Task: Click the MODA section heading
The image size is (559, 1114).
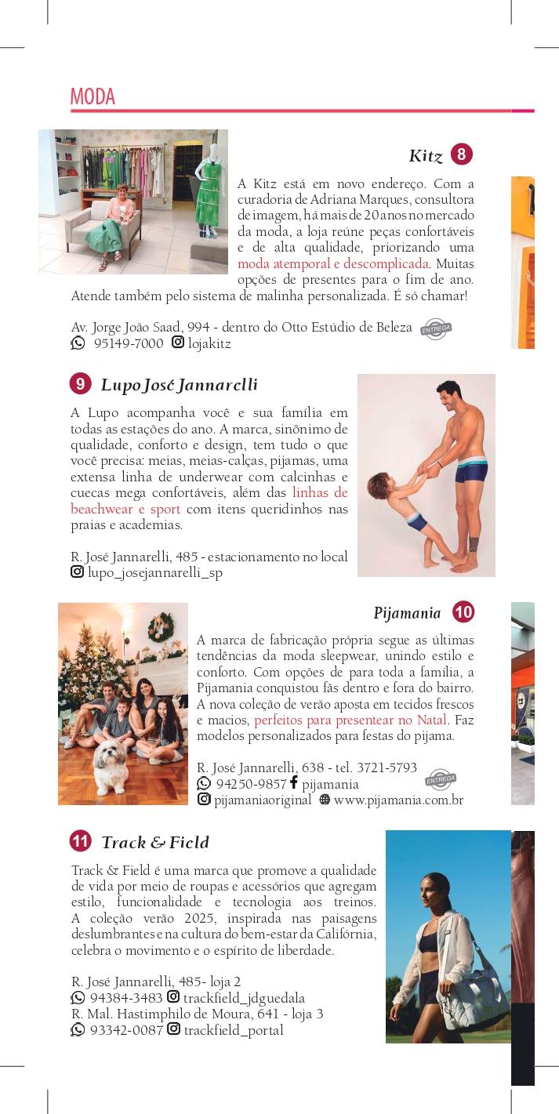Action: [93, 96]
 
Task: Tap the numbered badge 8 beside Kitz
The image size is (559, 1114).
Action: [462, 154]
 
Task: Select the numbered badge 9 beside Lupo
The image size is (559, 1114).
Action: [80, 384]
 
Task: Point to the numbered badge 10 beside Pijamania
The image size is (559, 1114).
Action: [463, 612]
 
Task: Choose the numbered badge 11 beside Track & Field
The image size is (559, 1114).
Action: [80, 842]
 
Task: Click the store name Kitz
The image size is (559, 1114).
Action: [426, 156]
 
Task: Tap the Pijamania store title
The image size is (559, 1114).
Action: [407, 613]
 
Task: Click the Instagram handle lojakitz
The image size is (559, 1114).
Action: [209, 343]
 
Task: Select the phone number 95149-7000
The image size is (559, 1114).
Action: [128, 343]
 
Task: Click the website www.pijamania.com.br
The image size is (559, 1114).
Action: [398, 800]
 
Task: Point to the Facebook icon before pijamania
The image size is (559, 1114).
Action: [294, 782]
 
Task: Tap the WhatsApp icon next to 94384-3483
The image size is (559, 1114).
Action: [78, 998]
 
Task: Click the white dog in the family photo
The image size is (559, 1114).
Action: [114, 765]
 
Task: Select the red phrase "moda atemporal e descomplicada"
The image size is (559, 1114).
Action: [333, 263]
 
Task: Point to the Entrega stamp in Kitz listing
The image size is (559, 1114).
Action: [436, 329]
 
